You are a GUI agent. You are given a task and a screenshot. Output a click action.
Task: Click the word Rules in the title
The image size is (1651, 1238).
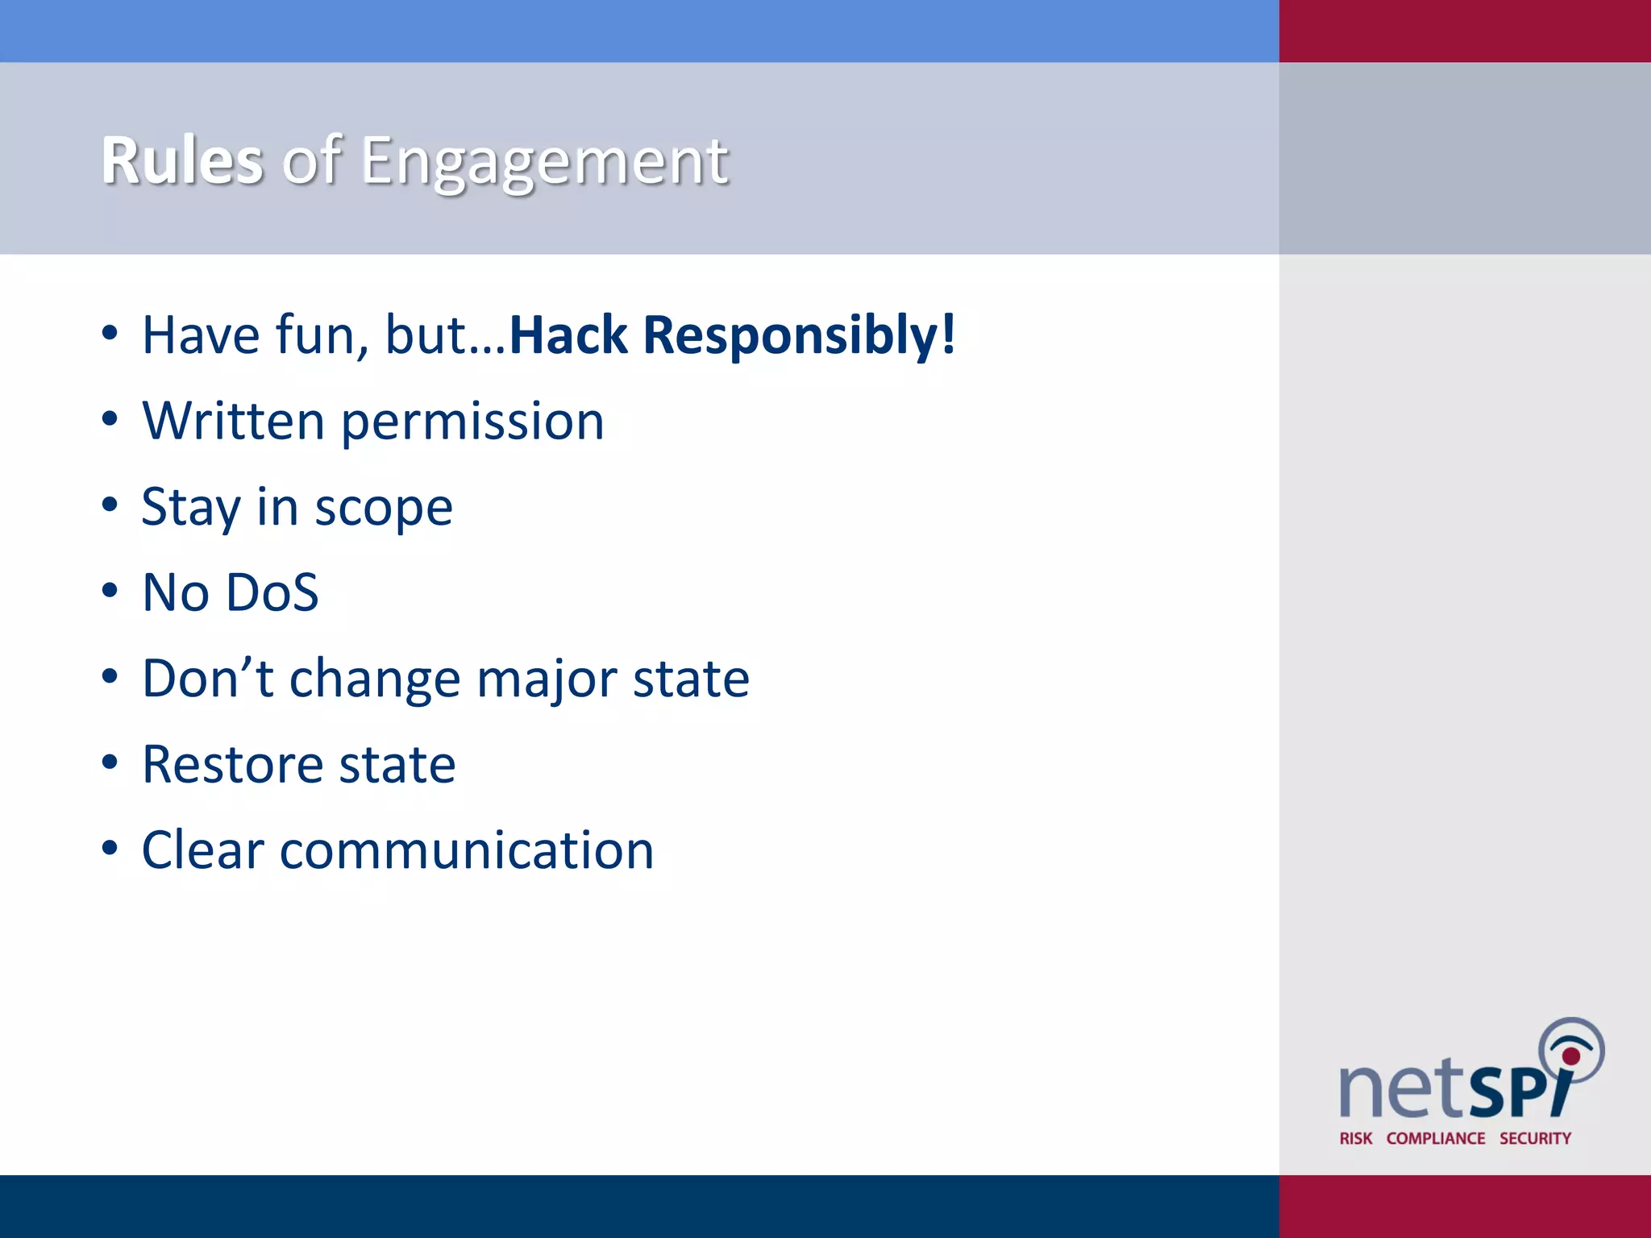182,161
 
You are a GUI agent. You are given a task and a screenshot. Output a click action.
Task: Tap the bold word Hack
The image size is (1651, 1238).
568,334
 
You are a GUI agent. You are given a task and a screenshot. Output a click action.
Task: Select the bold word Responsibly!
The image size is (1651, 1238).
799,336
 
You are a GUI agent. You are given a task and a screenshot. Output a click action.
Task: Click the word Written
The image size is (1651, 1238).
233,421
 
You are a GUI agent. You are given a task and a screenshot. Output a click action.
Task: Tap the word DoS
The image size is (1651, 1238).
272,593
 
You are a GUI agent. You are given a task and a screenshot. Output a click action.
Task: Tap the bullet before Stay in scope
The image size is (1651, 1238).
110,505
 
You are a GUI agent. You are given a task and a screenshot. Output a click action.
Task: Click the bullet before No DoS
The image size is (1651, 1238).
110,591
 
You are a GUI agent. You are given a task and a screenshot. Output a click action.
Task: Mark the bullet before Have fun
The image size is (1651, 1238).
110,333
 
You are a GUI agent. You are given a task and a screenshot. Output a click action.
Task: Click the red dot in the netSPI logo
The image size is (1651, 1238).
1570,1056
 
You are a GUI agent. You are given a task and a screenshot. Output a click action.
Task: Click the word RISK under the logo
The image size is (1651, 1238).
1355,1138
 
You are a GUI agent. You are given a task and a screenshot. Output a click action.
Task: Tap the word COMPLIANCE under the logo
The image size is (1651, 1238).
1436,1138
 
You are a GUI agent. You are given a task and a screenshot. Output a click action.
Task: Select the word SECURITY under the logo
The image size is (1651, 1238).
1535,1138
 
